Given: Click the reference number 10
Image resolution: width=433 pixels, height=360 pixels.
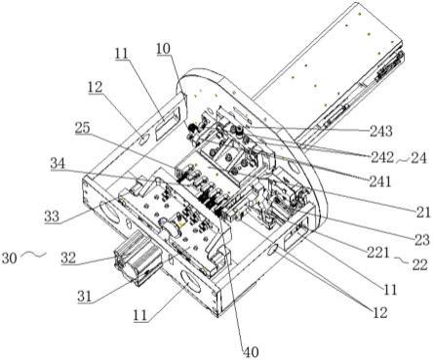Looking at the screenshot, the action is pyautogui.click(x=163, y=49).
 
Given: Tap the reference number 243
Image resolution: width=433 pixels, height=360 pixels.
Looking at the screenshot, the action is pyautogui.click(x=381, y=131).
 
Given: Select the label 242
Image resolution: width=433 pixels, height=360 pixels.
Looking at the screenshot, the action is pyautogui.click(x=381, y=158).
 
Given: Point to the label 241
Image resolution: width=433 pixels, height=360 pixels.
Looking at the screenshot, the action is pyautogui.click(x=380, y=181).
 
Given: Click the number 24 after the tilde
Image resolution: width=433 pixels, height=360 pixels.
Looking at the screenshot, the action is pyautogui.click(x=418, y=158).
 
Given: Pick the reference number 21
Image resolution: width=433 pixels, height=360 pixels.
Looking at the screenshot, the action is pyautogui.click(x=423, y=212).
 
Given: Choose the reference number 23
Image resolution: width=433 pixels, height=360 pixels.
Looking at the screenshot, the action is pyautogui.click(x=422, y=240).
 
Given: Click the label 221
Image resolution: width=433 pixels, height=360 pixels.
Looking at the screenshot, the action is pyautogui.click(x=378, y=252).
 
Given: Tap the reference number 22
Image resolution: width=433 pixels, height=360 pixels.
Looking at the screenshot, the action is pyautogui.click(x=419, y=264).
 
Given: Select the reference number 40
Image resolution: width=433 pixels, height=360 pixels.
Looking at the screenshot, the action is pyautogui.click(x=251, y=352).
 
